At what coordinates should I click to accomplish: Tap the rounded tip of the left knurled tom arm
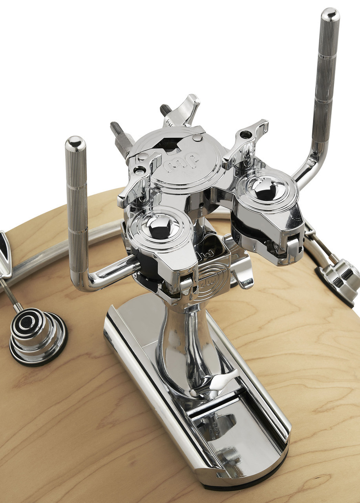pos(75,143)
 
